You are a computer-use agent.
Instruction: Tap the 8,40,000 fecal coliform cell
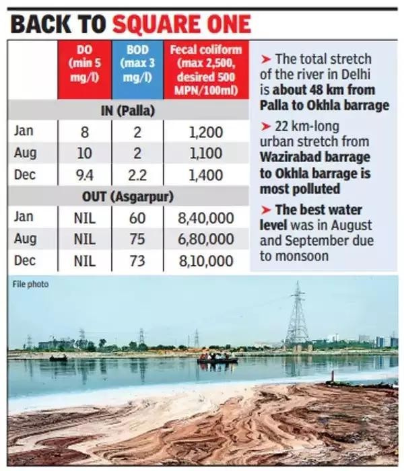click(205, 218)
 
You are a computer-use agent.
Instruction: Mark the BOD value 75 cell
click(137, 240)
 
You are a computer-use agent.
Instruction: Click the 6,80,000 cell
click(205, 240)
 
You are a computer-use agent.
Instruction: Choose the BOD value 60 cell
click(137, 218)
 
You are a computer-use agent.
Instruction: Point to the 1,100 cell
click(205, 153)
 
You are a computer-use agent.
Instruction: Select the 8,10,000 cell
click(205, 261)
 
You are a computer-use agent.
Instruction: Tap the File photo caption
click(30, 285)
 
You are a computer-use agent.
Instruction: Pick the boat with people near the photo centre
click(217, 359)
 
